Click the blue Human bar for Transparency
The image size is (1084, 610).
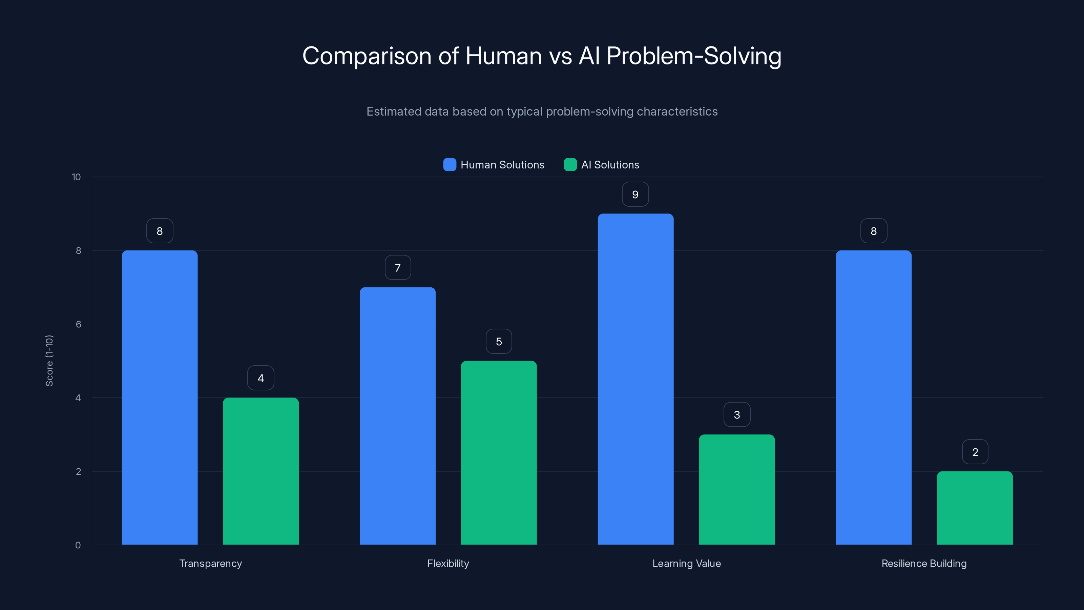pos(160,398)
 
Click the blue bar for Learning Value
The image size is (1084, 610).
pos(635,379)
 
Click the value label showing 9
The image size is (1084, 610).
pos(635,195)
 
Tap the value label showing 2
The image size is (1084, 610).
pos(975,452)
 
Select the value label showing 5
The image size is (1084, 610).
pos(499,341)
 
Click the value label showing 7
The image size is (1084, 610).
pos(398,268)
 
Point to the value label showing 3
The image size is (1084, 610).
pos(737,415)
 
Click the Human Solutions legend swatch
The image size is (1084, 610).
pos(450,165)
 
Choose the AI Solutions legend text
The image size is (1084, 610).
pos(610,165)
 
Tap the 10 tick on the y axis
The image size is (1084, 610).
pos(76,177)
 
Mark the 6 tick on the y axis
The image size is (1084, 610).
pos(78,324)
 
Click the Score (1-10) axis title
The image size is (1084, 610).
pos(49,361)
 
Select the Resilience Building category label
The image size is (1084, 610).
pos(924,563)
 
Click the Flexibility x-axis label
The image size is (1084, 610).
pos(448,563)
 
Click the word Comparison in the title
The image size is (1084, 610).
pos(367,56)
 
